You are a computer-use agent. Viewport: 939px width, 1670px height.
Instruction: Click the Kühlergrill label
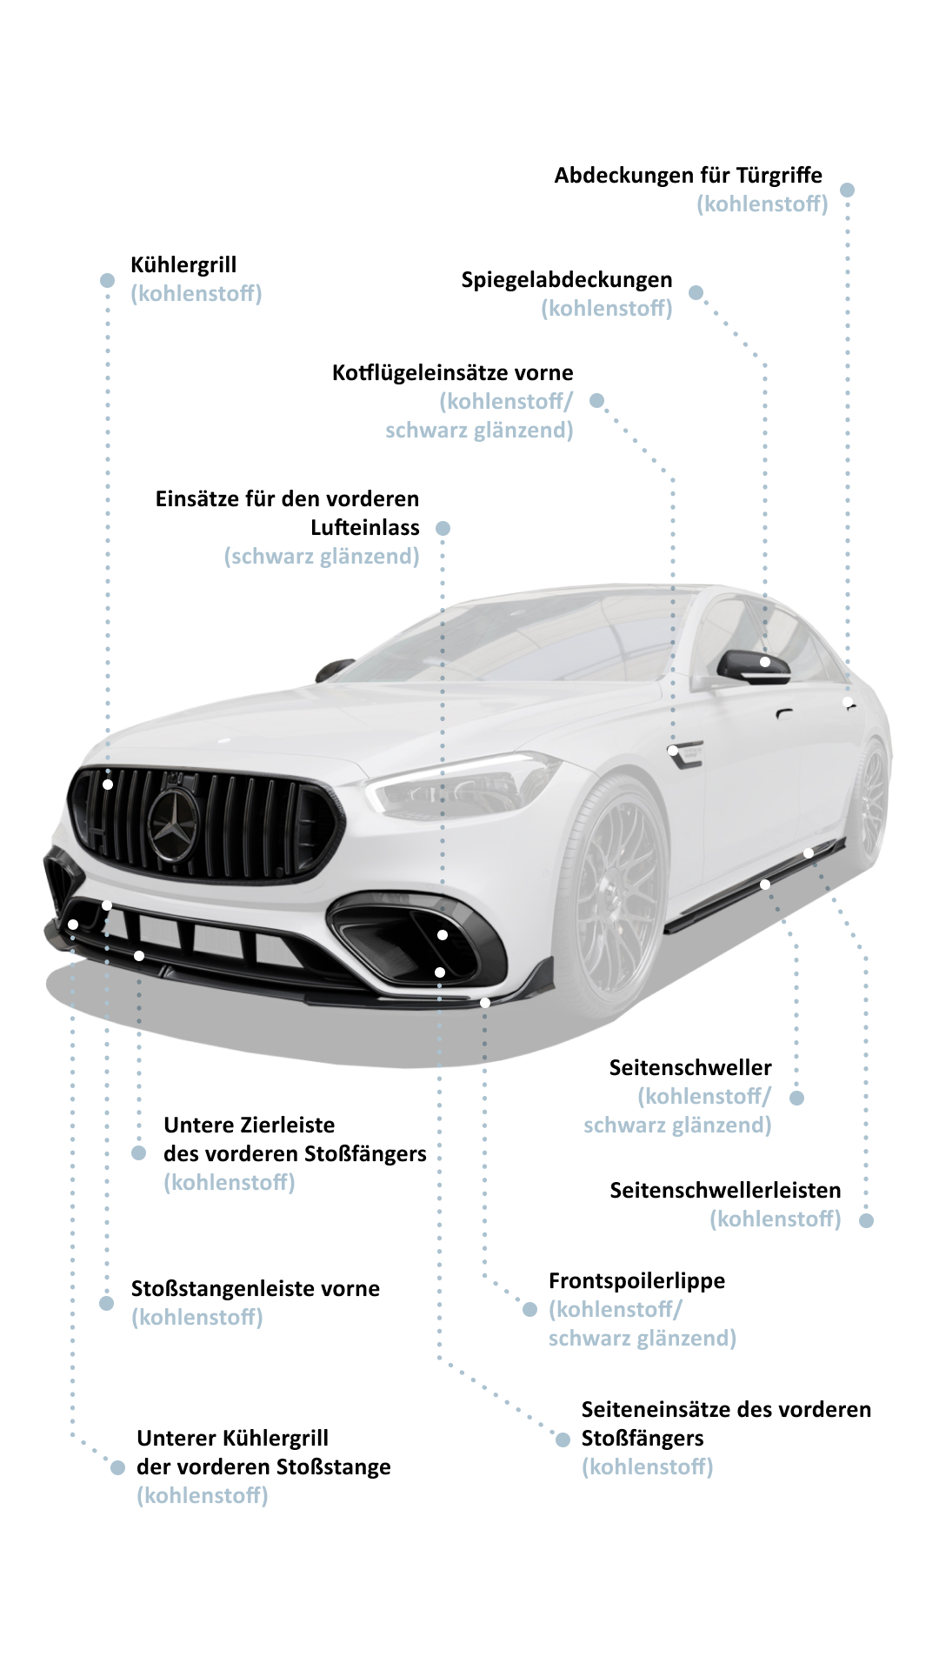point(183,265)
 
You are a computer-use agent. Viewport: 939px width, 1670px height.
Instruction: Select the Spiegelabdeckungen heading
point(567,280)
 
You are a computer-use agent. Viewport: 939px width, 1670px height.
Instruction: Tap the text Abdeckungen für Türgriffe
point(689,176)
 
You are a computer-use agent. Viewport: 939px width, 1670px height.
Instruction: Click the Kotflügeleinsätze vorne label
point(453,373)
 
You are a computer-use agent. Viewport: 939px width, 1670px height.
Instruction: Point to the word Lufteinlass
point(365,528)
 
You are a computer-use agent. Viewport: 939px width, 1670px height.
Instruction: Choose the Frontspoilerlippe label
point(637,1281)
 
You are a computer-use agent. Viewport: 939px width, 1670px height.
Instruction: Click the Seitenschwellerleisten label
point(726,1191)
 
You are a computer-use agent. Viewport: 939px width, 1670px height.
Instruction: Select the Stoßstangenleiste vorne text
point(256,1289)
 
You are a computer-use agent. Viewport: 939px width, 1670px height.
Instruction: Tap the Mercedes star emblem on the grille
point(173,823)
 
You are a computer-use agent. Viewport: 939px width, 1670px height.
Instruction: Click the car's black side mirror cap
point(753,666)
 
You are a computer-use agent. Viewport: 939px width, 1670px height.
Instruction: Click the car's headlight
point(461,785)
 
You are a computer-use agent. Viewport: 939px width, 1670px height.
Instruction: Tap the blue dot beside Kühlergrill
point(108,280)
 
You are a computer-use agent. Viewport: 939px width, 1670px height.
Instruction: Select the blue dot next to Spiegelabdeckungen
point(696,293)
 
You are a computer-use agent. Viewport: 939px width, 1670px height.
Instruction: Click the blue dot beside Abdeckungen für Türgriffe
point(848,190)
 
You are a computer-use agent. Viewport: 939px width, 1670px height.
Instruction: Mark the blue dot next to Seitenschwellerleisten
point(866,1220)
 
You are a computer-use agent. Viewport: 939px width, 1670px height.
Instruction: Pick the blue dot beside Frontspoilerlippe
point(530,1309)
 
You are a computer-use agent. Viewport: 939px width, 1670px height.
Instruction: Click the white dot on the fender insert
point(673,750)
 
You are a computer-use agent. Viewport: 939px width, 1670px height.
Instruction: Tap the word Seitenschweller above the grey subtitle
point(690,1068)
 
